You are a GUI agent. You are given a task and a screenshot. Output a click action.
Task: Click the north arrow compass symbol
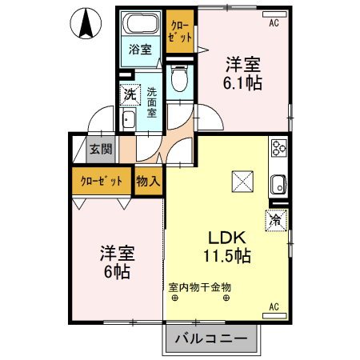(x=82, y=25)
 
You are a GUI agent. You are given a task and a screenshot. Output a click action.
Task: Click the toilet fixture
(x=178, y=78)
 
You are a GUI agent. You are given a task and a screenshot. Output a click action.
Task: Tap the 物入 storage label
(x=149, y=181)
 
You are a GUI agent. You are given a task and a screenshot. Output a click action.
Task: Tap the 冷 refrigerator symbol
(x=274, y=218)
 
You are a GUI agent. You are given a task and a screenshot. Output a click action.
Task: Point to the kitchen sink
(x=279, y=183)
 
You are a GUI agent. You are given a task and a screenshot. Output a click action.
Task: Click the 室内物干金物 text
(x=199, y=286)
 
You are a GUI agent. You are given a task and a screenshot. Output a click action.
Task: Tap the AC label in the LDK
(x=274, y=306)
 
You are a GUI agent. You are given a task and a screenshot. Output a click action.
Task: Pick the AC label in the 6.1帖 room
(x=274, y=23)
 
